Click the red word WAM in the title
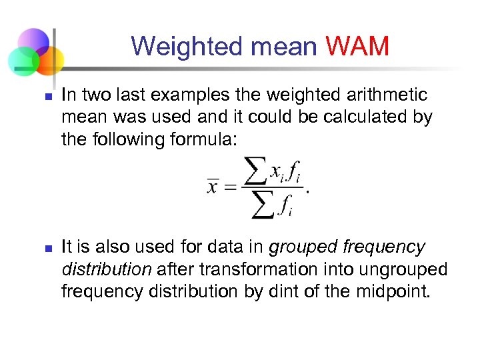[x=358, y=47]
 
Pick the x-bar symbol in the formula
[x=213, y=187]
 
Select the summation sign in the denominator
[x=264, y=207]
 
